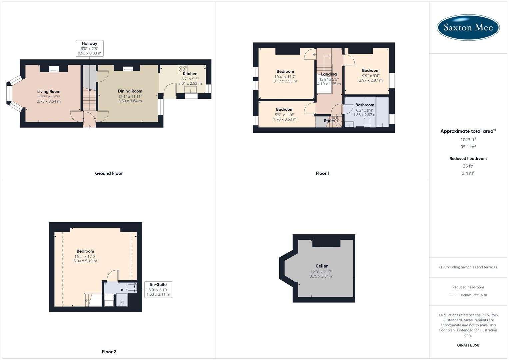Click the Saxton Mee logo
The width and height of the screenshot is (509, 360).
click(468, 27)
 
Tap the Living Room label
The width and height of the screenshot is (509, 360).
click(49, 92)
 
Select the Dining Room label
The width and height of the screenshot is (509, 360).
click(130, 91)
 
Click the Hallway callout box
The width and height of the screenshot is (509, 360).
click(89, 48)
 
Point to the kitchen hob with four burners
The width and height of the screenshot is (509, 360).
click(182, 69)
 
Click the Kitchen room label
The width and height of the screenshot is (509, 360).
click(190, 74)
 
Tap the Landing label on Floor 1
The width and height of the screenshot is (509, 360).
click(329, 74)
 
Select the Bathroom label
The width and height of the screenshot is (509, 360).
click(365, 105)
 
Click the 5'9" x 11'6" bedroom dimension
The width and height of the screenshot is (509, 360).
click(285, 115)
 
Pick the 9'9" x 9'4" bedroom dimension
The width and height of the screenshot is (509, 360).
click(371, 76)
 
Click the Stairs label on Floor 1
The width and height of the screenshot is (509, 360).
click(329, 121)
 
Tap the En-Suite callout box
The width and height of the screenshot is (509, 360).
click(158, 289)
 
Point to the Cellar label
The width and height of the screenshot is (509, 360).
click(321, 266)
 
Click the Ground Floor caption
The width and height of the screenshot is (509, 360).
click(109, 173)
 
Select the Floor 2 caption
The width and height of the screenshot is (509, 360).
click(109, 352)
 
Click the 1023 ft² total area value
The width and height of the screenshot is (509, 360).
click(468, 140)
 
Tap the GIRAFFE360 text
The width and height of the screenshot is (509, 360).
click(468, 345)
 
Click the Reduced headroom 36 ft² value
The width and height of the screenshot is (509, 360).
click(468, 166)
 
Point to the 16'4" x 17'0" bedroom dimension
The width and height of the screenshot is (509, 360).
click(85, 256)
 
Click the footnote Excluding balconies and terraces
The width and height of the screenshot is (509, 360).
click(468, 267)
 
